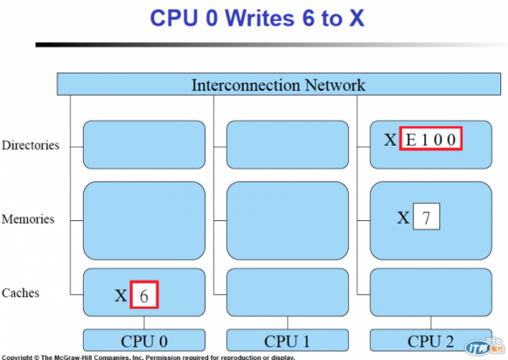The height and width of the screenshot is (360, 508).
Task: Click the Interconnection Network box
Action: click(279, 84)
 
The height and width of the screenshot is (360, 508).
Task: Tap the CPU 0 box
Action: click(144, 341)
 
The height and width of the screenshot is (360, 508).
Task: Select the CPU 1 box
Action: click(287, 341)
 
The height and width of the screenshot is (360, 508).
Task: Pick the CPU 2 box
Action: click(431, 341)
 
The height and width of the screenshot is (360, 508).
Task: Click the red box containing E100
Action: click(431, 139)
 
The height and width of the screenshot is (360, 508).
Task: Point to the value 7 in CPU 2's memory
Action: click(427, 217)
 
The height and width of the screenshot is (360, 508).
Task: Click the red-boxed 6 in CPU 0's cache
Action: click(144, 295)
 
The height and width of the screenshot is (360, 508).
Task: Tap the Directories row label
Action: click(30, 145)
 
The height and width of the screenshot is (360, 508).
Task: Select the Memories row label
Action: click(28, 219)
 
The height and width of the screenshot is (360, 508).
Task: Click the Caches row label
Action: click(20, 293)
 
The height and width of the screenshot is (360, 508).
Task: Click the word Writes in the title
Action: click(260, 18)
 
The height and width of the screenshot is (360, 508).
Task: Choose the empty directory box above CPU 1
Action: click(287, 145)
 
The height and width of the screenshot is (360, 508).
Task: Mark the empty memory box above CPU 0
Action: click(144, 221)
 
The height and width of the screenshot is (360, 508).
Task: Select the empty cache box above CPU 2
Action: click(431, 292)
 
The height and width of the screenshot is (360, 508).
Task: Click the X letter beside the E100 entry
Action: click(390, 140)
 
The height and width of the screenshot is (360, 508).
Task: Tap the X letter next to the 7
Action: click(403, 218)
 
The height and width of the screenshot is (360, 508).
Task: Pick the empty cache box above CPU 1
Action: click(287, 292)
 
